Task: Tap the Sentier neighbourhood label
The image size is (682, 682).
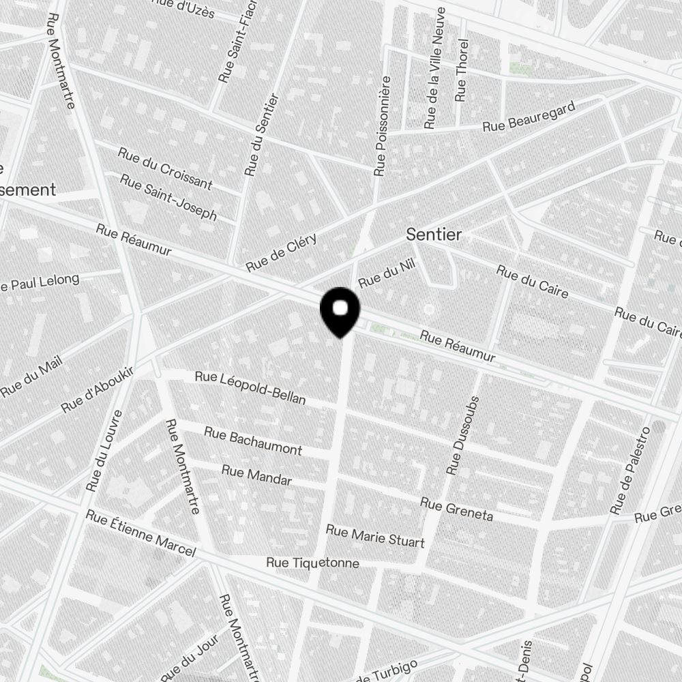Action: (x=434, y=235)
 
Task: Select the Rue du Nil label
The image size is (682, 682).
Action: (x=387, y=276)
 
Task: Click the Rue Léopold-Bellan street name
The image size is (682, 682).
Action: (x=250, y=387)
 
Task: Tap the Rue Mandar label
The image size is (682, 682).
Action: (x=256, y=475)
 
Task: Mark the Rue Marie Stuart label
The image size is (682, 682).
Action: (x=375, y=536)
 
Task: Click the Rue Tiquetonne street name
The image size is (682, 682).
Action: (x=312, y=563)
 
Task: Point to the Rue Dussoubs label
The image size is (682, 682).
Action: (x=464, y=435)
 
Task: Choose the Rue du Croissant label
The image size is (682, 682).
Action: (x=165, y=168)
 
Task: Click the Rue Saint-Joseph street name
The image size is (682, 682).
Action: (x=168, y=196)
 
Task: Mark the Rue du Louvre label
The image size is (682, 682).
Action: (x=104, y=451)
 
